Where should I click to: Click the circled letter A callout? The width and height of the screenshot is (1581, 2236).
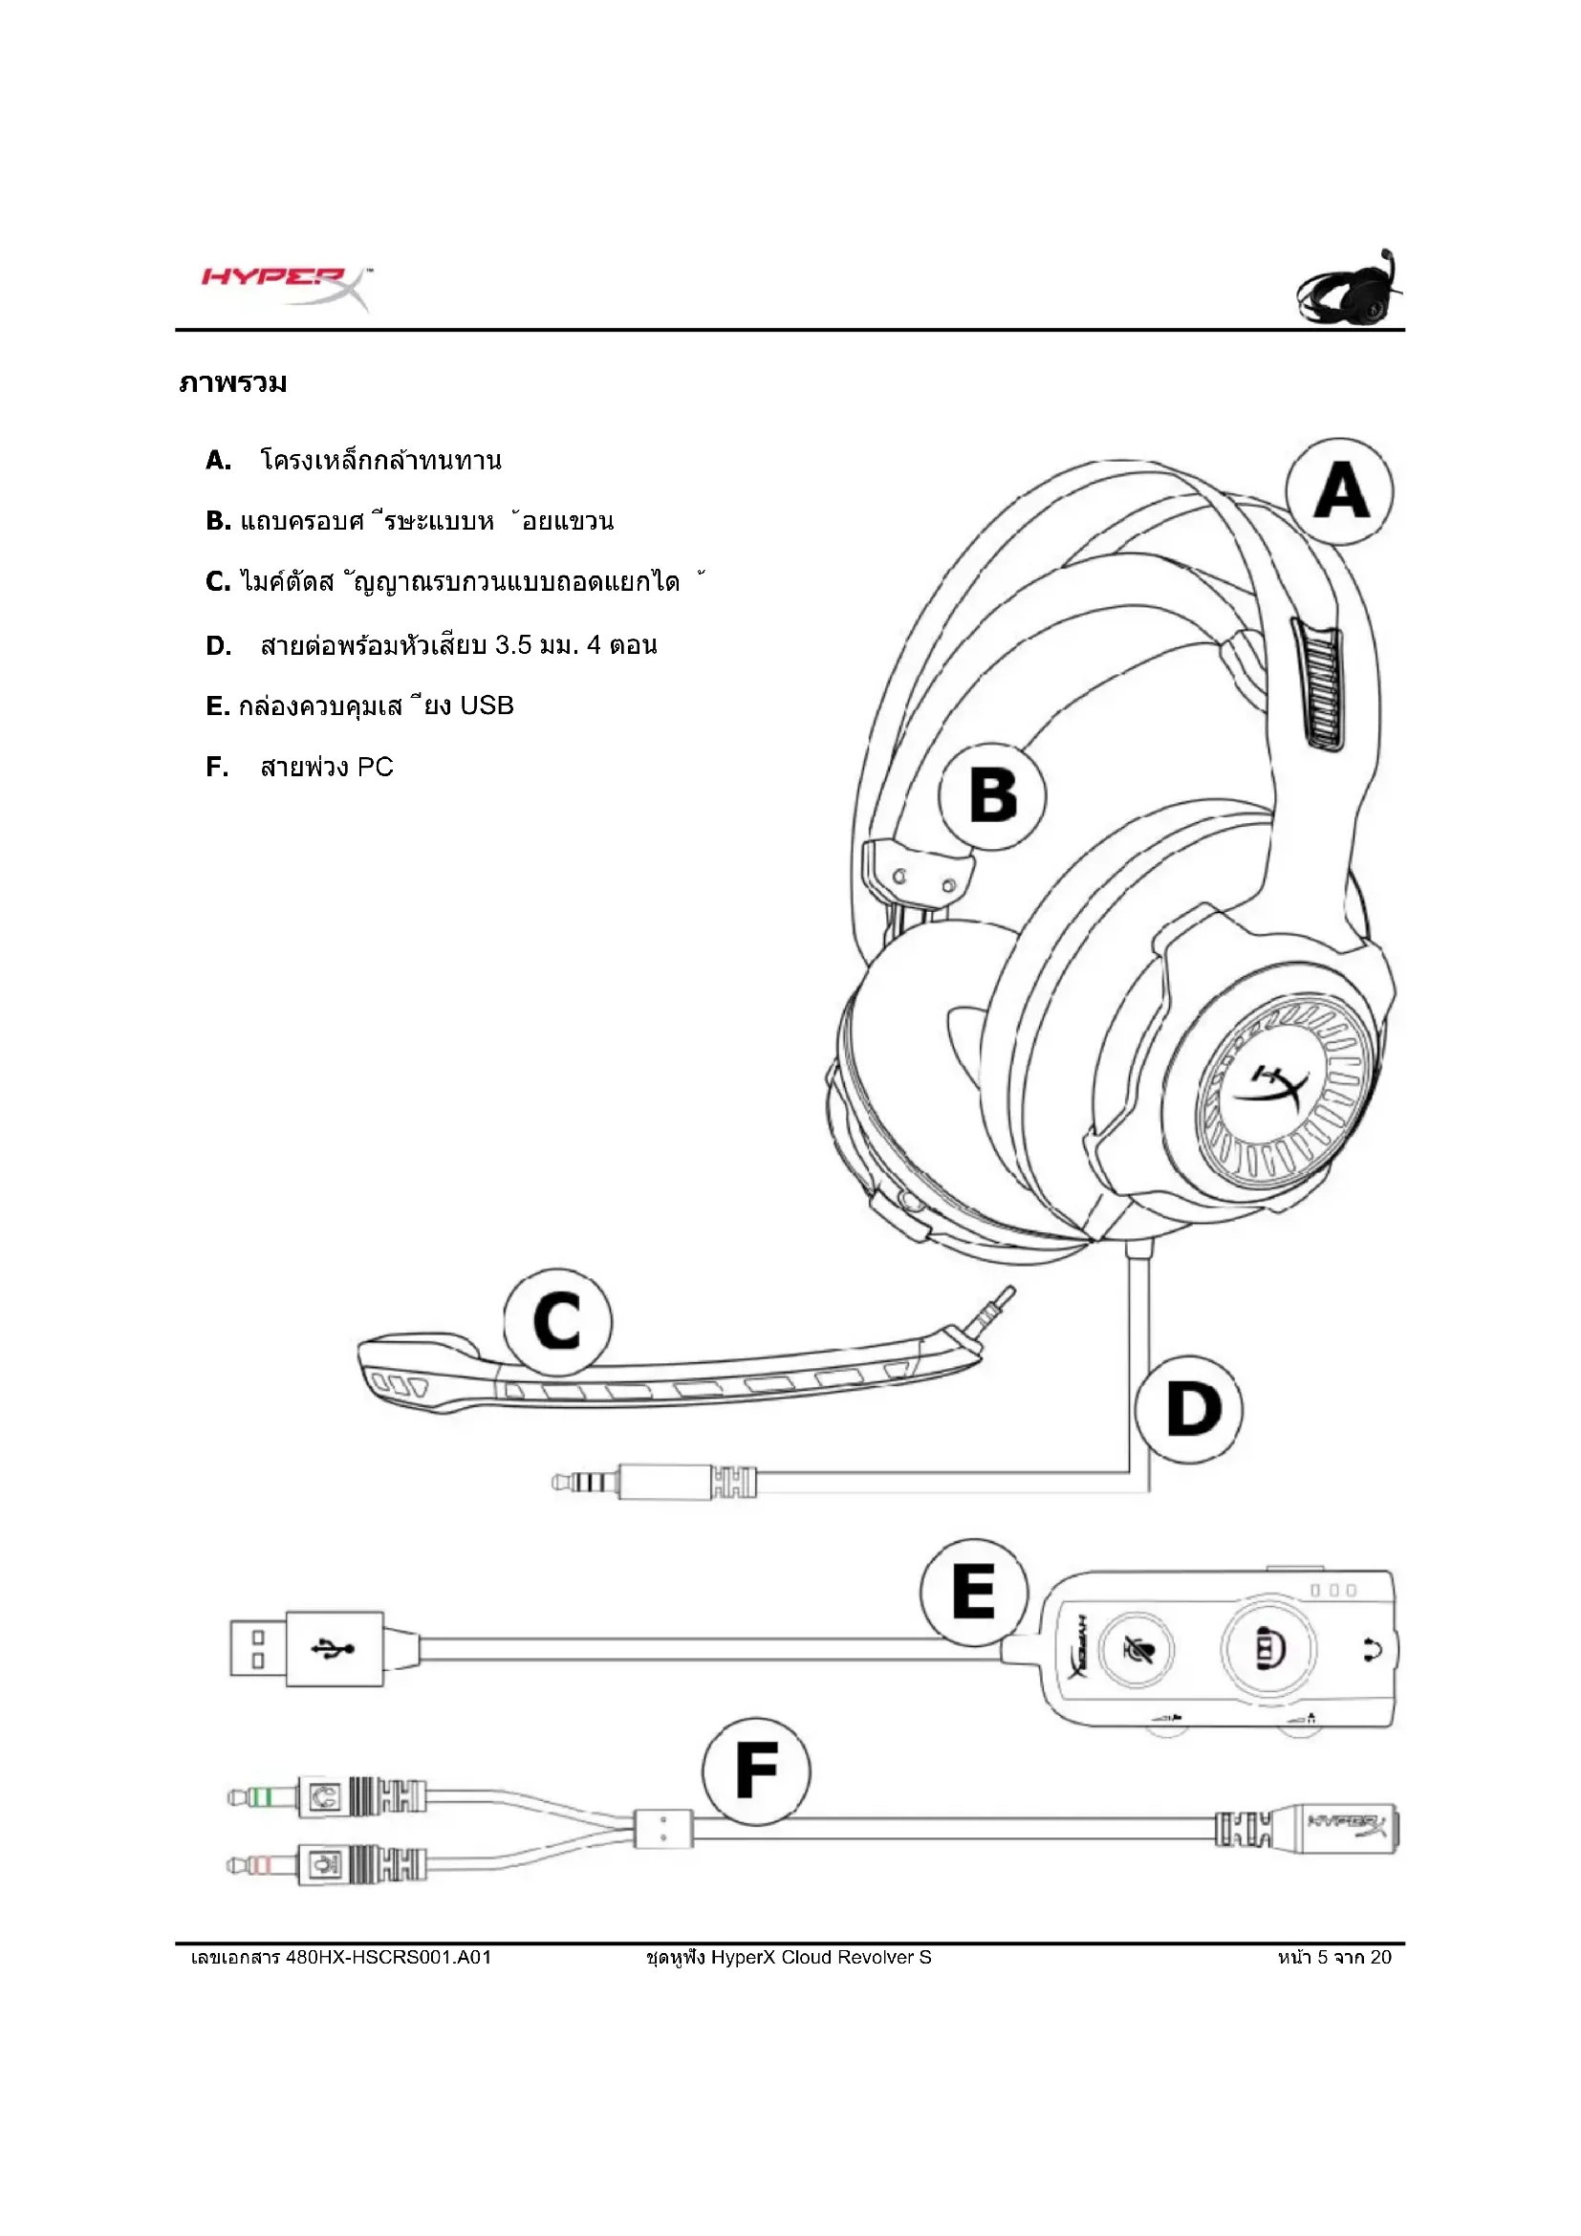click(1339, 491)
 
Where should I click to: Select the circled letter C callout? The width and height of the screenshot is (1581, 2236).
click(557, 1321)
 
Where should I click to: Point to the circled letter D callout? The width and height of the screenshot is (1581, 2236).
click(1191, 1409)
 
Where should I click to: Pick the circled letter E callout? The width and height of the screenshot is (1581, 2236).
click(973, 1592)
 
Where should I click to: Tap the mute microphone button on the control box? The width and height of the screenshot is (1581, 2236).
click(1136, 1650)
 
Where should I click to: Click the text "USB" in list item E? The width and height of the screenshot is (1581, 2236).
click(486, 706)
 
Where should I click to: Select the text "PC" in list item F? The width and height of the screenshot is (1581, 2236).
click(375, 768)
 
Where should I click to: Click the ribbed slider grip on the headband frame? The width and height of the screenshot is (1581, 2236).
click(1320, 684)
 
